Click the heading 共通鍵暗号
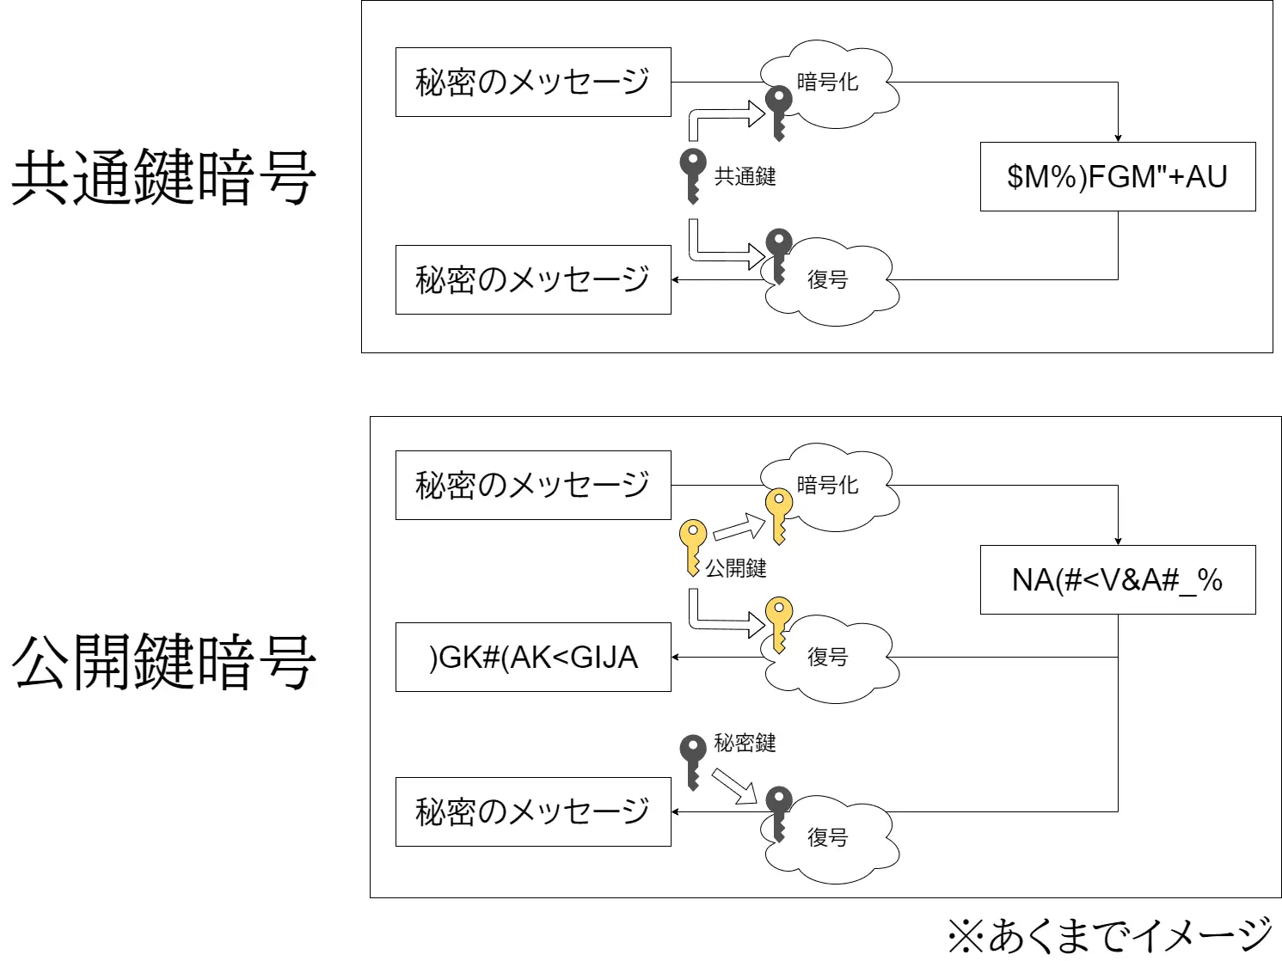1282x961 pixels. pyautogui.click(x=163, y=177)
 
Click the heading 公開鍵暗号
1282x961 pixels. pyautogui.click(x=163, y=662)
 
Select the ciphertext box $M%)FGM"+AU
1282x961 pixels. pyautogui.click(x=1117, y=177)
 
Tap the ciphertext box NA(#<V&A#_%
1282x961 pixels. pyautogui.click(x=1117, y=580)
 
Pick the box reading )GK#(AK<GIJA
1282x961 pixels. pyautogui.click(x=533, y=658)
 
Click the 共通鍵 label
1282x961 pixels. pyautogui.click(x=745, y=177)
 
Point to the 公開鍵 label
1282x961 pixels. pyautogui.click(x=735, y=568)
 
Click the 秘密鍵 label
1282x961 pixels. pyautogui.click(x=745, y=744)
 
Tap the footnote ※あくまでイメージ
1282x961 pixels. pyautogui.click(x=1109, y=935)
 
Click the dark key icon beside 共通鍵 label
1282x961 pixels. pyautogui.click(x=692, y=175)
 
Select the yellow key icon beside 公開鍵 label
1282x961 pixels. pyautogui.click(x=692, y=547)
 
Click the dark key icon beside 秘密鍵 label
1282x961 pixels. pyautogui.click(x=692, y=760)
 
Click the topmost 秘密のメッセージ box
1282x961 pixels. pyautogui.click(x=533, y=83)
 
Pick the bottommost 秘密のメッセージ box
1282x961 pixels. pyautogui.click(x=533, y=812)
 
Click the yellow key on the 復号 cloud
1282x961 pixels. pyautogui.click(x=778, y=623)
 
